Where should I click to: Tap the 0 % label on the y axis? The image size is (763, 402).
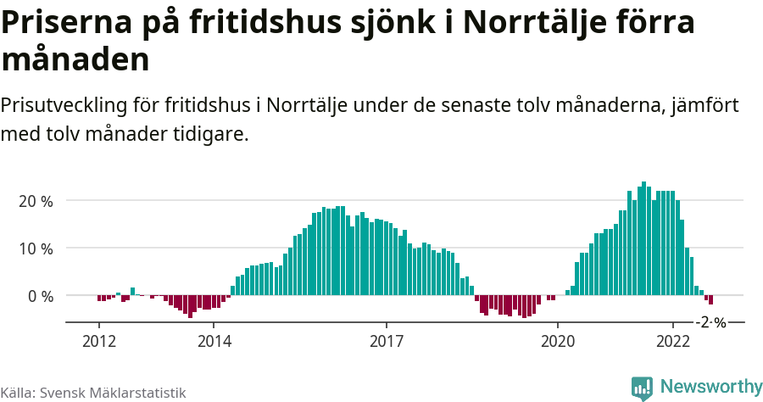(x=40, y=296)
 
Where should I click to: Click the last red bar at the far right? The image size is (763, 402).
(x=711, y=300)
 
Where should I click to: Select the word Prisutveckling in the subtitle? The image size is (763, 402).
(x=64, y=106)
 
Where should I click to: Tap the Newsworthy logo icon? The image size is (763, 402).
(x=643, y=388)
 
